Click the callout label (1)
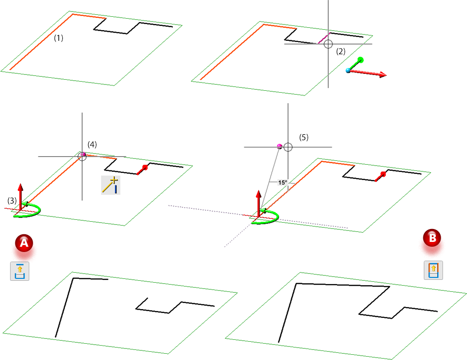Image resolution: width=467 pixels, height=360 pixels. coord(59,38)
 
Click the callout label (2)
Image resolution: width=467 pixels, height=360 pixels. coord(340,50)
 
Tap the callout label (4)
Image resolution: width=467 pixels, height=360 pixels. coord(92,144)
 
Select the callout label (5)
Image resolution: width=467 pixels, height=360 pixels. coord(304,137)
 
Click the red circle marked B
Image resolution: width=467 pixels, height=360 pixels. coord(432,237)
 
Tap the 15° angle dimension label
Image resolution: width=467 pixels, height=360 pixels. coord(282,182)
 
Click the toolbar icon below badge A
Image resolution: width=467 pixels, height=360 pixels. coord(20,271)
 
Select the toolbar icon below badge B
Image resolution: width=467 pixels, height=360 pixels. coord(433,270)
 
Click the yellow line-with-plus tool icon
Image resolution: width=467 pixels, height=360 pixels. coord(110,185)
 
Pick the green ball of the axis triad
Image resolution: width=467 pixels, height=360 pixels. coord(361,60)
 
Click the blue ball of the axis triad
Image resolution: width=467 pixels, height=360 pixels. coord(348,71)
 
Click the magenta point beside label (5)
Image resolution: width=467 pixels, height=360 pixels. coord(279,145)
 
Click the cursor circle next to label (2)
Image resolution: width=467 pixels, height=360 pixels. coord(328,44)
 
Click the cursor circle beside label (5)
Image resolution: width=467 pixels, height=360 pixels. coord(288,147)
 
